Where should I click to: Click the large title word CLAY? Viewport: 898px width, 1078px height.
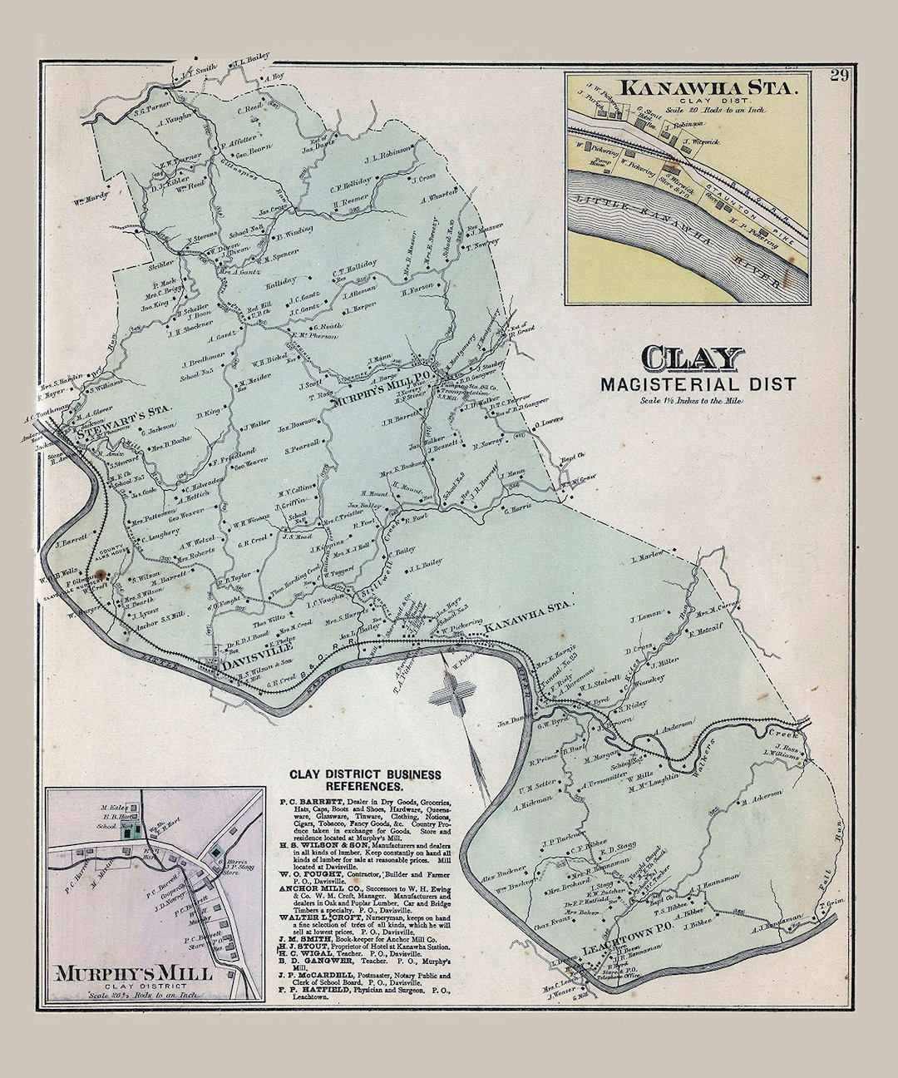[692, 359]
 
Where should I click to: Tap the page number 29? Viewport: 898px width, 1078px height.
[838, 77]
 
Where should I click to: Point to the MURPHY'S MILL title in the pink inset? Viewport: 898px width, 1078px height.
[134, 972]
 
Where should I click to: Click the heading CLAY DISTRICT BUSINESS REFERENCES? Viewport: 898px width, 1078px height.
[365, 779]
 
